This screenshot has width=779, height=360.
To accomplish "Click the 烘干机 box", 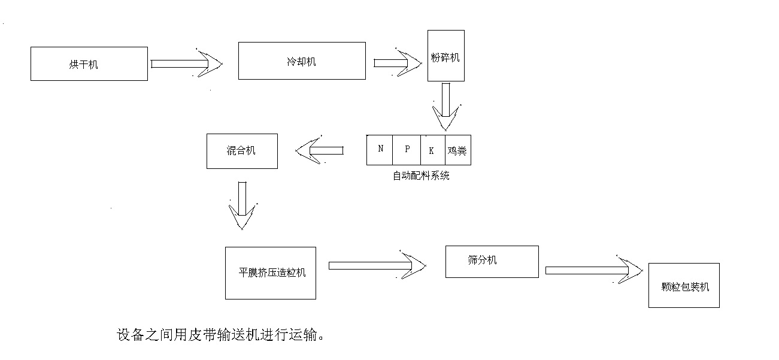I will (x=89, y=63).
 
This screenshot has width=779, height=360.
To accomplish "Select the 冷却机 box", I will (x=302, y=60).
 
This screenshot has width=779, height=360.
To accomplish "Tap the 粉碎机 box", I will (x=445, y=56).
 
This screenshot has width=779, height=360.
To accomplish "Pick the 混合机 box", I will (x=241, y=151).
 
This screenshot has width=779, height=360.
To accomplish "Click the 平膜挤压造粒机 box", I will (x=270, y=273).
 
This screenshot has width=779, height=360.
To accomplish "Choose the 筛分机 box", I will (x=492, y=261).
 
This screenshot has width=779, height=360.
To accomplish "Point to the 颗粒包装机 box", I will (x=683, y=285).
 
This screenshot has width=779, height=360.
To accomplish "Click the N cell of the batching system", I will (x=380, y=150).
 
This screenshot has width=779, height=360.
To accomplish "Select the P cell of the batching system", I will (x=407, y=150).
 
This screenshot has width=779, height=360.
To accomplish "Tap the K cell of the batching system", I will (x=432, y=150).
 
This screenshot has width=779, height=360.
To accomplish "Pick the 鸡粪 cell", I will (x=457, y=150).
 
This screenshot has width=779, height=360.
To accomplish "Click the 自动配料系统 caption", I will (x=420, y=176).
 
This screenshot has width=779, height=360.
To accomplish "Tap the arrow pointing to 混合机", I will (x=320, y=150).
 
